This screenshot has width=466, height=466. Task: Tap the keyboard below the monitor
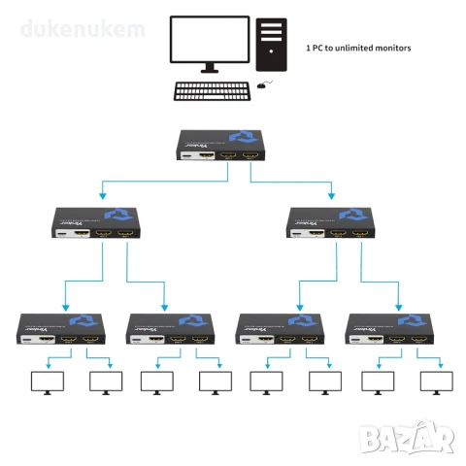pos(212,91)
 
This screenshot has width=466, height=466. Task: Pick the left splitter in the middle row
pos(99,222)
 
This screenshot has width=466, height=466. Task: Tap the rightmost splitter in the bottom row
pos(389,331)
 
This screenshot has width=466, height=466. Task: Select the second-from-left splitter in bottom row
pos(171,331)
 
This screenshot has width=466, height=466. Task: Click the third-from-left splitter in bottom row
pos(281,331)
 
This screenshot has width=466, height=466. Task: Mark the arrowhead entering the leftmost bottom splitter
pos(66,305)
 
